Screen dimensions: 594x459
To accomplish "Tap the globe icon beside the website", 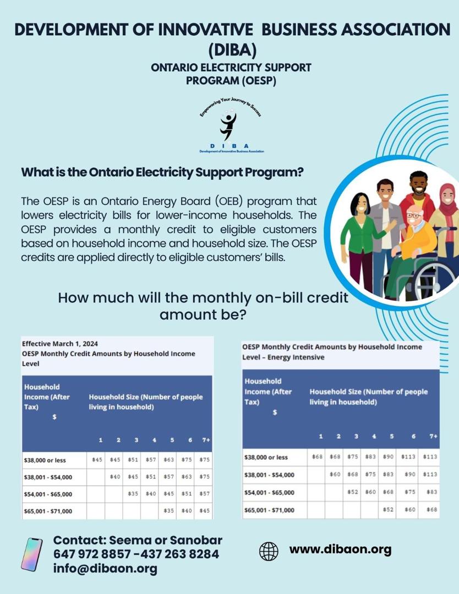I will (269, 551).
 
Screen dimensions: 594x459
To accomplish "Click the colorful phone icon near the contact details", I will (31, 554).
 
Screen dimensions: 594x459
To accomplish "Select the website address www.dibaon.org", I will (340, 549).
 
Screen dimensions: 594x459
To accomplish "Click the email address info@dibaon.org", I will (105, 569).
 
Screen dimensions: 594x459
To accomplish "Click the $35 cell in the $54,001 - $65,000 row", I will (133, 494).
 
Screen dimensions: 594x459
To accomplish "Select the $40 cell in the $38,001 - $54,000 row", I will (115, 477).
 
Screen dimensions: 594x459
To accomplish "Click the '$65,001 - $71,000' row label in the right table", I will (269, 510).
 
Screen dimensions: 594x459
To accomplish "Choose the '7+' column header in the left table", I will (206, 440).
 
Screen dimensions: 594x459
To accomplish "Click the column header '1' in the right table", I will (320, 437).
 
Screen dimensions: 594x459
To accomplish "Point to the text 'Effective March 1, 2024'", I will (60, 344).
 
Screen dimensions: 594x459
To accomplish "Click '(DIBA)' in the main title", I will (232, 50).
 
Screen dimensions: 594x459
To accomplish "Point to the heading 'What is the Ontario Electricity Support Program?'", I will (162, 172).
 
